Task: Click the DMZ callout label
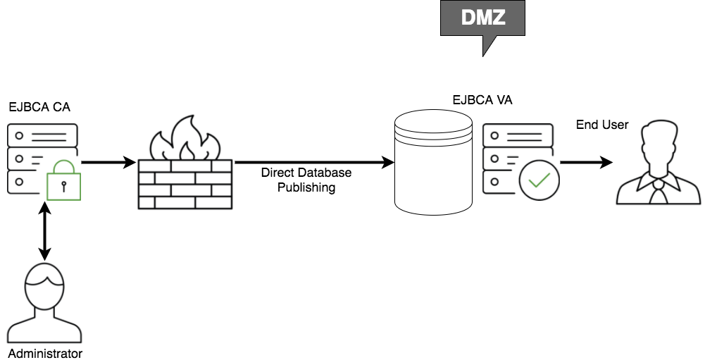pyautogui.click(x=483, y=18)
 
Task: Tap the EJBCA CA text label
pyautogui.click(x=39, y=108)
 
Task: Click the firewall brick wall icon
pyautogui.click(x=185, y=183)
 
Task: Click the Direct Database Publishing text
pyautogui.click(x=306, y=180)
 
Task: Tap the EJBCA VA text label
pyautogui.click(x=482, y=100)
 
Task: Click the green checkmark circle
pyautogui.click(x=539, y=180)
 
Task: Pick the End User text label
pyautogui.click(x=602, y=125)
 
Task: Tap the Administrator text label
pyautogui.click(x=45, y=353)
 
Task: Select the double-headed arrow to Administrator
pyautogui.click(x=45, y=230)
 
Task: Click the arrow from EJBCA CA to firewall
pyautogui.click(x=108, y=163)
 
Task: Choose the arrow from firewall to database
pyautogui.click(x=314, y=163)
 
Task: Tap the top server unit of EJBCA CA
pyautogui.click(x=42, y=135)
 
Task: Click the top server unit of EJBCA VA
pyautogui.click(x=517, y=135)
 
